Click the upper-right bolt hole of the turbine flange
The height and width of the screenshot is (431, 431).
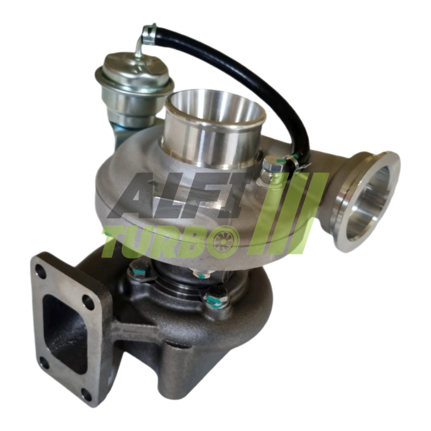pyautogui.click(x=88, y=300)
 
